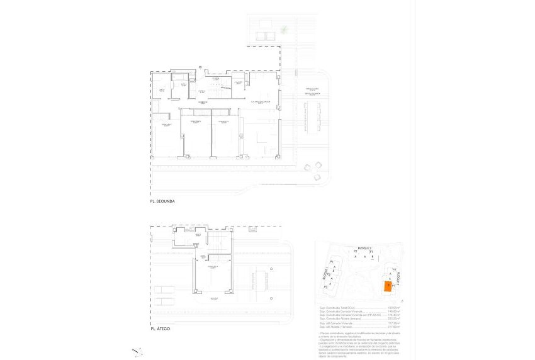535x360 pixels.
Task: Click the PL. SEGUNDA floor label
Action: (162, 202)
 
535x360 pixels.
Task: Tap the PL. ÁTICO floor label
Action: (160, 329)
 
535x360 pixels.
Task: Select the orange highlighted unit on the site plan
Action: (388, 287)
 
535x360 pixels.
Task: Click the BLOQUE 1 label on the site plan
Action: (325, 275)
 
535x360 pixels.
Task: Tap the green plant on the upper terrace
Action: (285, 29)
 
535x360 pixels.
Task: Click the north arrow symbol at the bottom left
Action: (137, 351)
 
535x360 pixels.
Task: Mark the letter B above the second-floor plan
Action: (200, 67)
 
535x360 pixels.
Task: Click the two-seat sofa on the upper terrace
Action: (265, 36)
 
